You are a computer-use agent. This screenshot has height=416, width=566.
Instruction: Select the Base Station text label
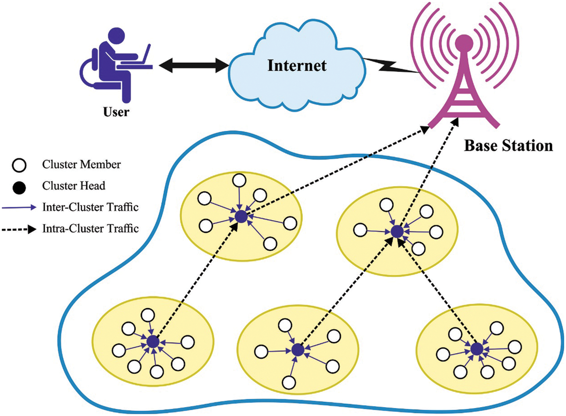point(508,145)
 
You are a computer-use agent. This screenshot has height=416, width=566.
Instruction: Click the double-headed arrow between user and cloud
point(191,65)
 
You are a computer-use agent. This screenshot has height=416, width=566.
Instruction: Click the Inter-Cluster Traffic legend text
point(90,207)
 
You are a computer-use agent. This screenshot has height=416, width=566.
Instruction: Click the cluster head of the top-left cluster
point(241,217)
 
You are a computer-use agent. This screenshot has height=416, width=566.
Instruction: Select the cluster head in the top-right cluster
point(397,232)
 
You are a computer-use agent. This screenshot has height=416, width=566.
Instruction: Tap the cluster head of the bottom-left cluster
point(152,342)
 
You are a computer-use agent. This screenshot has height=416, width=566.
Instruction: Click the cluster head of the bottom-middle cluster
point(297,350)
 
